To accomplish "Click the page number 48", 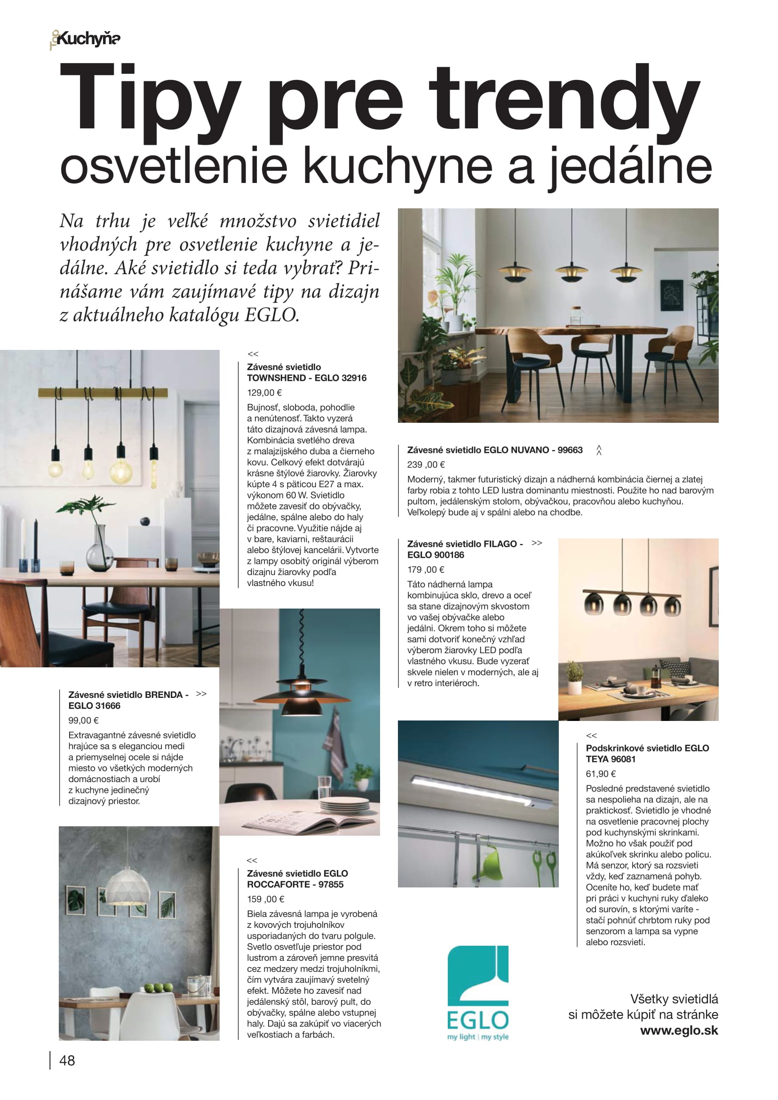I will coord(67,1060).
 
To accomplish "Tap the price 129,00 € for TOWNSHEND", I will coord(264,392).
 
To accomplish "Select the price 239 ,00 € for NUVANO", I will coord(426,464).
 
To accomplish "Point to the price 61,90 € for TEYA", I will coord(601,774).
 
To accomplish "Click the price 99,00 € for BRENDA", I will coord(83,720).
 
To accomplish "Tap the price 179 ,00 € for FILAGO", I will coord(425,569).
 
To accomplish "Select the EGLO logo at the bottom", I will coord(477,993).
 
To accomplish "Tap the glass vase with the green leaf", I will coord(99,549).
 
